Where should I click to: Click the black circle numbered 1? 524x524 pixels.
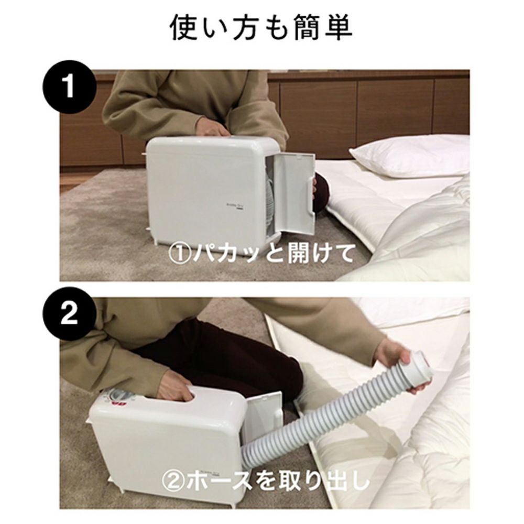click(x=70, y=87)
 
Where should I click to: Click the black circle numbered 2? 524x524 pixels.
click(x=70, y=314)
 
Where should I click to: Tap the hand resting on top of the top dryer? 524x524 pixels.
click(x=211, y=128)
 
